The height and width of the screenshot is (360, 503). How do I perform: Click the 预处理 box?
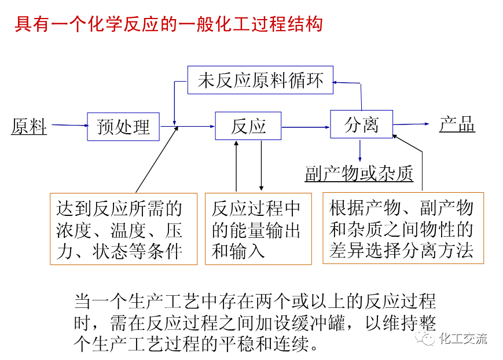(x=123, y=126)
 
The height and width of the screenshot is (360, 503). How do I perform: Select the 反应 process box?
(x=248, y=126)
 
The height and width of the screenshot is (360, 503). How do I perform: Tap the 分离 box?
(x=361, y=124)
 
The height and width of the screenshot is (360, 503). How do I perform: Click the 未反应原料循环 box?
(x=260, y=80)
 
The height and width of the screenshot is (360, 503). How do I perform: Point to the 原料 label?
(x=29, y=126)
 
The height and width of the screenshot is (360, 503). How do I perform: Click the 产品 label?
(x=457, y=124)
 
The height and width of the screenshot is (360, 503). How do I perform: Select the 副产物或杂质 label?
(x=359, y=173)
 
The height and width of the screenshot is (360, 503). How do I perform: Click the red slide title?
(x=168, y=25)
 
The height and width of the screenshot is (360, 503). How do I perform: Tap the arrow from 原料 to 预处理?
(x=67, y=125)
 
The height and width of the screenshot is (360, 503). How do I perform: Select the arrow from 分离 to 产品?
(x=411, y=124)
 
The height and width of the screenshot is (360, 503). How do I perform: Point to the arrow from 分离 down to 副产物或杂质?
(x=361, y=150)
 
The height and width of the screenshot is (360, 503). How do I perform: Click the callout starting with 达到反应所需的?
(x=123, y=229)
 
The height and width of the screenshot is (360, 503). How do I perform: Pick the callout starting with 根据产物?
(x=402, y=229)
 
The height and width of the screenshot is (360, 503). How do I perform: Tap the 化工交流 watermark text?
(x=464, y=338)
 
